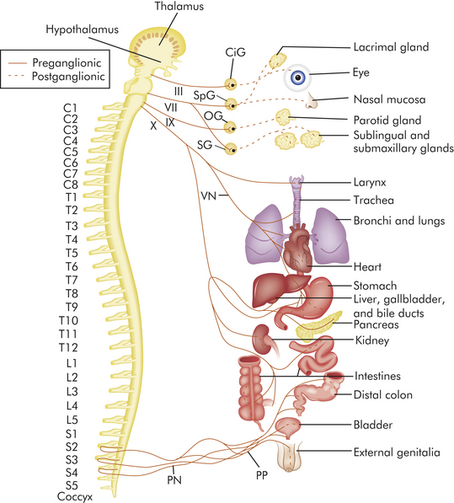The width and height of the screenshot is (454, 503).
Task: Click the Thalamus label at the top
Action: pyautogui.click(x=179, y=6)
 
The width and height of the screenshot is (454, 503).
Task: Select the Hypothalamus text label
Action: pyautogui.click(x=82, y=29)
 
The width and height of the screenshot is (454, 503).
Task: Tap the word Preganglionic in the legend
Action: pyautogui.click(x=67, y=62)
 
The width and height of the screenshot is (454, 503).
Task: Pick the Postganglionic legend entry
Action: pyautogui.click(x=68, y=77)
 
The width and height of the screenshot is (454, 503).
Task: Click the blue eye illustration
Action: pyautogui.click(x=297, y=77)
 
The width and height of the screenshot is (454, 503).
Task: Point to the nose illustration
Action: pyautogui.click(x=311, y=101)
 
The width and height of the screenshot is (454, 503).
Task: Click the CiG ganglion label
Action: pyautogui.click(x=235, y=52)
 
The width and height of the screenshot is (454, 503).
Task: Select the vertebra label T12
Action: pyautogui.click(x=68, y=347)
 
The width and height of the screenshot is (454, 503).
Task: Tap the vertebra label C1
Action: pyautogui.click(x=71, y=108)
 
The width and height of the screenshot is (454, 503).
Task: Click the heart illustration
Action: pyautogui.click(x=297, y=248)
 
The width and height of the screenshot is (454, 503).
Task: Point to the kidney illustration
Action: pyautogui.click(x=263, y=340)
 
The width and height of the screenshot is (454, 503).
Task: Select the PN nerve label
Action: pyautogui.click(x=174, y=480)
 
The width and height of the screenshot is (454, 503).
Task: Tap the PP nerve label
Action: pyautogui.click(x=262, y=475)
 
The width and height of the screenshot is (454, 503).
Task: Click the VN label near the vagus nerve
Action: pyautogui.click(x=209, y=195)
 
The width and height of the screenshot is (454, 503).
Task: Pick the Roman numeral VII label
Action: pyautogui.click(x=171, y=107)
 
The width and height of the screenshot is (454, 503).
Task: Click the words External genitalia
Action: pyautogui.click(x=397, y=452)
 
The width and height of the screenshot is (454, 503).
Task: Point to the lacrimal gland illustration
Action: pyautogui.click(x=278, y=61)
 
